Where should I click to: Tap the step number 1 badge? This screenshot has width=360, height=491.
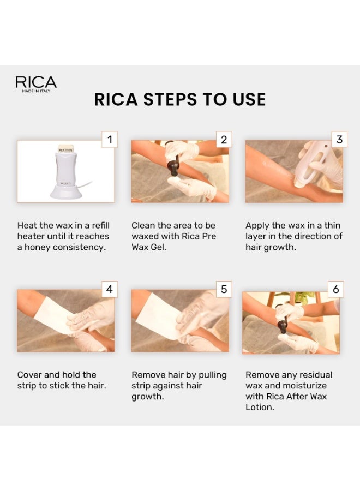coord(109,140)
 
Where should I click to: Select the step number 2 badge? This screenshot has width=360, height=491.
coord(223,140)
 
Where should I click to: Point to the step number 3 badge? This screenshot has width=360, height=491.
coord(339,140)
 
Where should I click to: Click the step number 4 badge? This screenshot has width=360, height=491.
coord(109,289)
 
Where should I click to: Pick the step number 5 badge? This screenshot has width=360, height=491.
coord(223,289)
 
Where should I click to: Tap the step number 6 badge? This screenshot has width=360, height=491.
coord(335,289)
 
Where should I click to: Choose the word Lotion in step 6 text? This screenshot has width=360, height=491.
coord(260,408)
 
